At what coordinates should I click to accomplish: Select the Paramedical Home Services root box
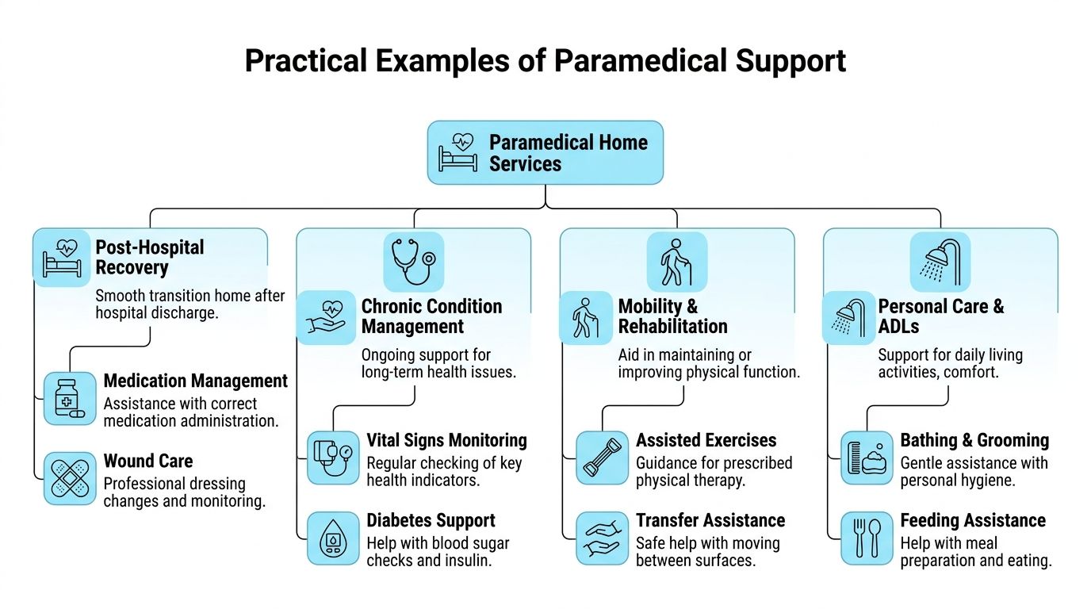(x=545, y=152)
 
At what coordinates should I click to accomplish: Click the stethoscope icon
(x=414, y=262)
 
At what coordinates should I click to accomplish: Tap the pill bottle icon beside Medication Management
(x=70, y=399)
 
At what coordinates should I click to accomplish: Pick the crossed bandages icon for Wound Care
(x=70, y=478)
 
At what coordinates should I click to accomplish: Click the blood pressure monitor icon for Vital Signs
(x=333, y=458)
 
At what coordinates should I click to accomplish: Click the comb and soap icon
(x=867, y=458)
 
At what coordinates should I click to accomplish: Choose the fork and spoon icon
(x=867, y=538)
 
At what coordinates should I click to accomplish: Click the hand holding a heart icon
(x=326, y=318)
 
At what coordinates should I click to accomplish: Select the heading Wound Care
(x=148, y=461)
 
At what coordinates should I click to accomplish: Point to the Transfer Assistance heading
(x=710, y=520)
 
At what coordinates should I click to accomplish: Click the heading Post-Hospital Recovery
(x=150, y=257)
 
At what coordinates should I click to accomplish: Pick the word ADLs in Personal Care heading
(x=898, y=326)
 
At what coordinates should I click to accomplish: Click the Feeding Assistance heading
(x=973, y=520)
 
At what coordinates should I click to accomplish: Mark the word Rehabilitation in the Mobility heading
(x=672, y=326)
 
